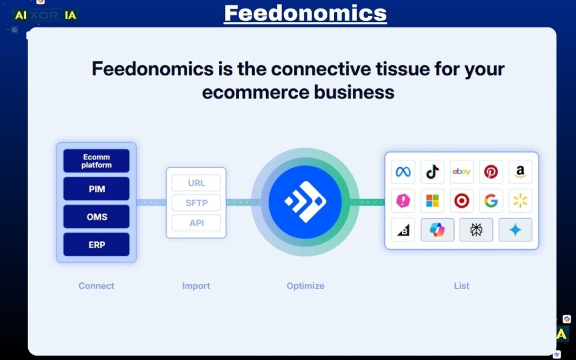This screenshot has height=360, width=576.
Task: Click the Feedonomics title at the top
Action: [x=305, y=12]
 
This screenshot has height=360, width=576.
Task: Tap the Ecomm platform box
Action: [x=96, y=161]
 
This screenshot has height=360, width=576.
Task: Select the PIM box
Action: [x=96, y=189]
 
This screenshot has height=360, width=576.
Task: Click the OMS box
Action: [x=96, y=217]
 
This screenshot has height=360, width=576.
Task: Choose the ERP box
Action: [x=96, y=245]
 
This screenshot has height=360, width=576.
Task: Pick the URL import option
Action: [x=196, y=183]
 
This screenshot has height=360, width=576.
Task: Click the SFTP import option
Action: [x=196, y=203]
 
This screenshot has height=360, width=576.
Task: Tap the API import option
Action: [x=196, y=223]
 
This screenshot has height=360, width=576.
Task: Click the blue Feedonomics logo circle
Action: [x=305, y=201]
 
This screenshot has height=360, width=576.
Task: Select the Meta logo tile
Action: [x=403, y=172]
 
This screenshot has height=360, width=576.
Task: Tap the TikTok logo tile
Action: [x=432, y=172]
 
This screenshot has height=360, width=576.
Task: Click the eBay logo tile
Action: [x=461, y=172]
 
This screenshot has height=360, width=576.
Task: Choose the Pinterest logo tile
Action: [x=490, y=172]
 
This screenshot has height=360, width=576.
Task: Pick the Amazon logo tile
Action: [x=520, y=172]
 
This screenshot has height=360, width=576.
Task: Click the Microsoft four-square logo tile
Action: [x=432, y=201]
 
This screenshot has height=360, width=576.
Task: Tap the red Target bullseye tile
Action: [x=461, y=201]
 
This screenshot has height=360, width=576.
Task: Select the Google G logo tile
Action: [x=490, y=201]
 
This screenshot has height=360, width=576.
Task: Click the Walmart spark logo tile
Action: [x=520, y=201]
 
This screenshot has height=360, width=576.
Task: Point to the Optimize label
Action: [x=305, y=286]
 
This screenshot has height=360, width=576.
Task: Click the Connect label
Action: [x=96, y=286]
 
